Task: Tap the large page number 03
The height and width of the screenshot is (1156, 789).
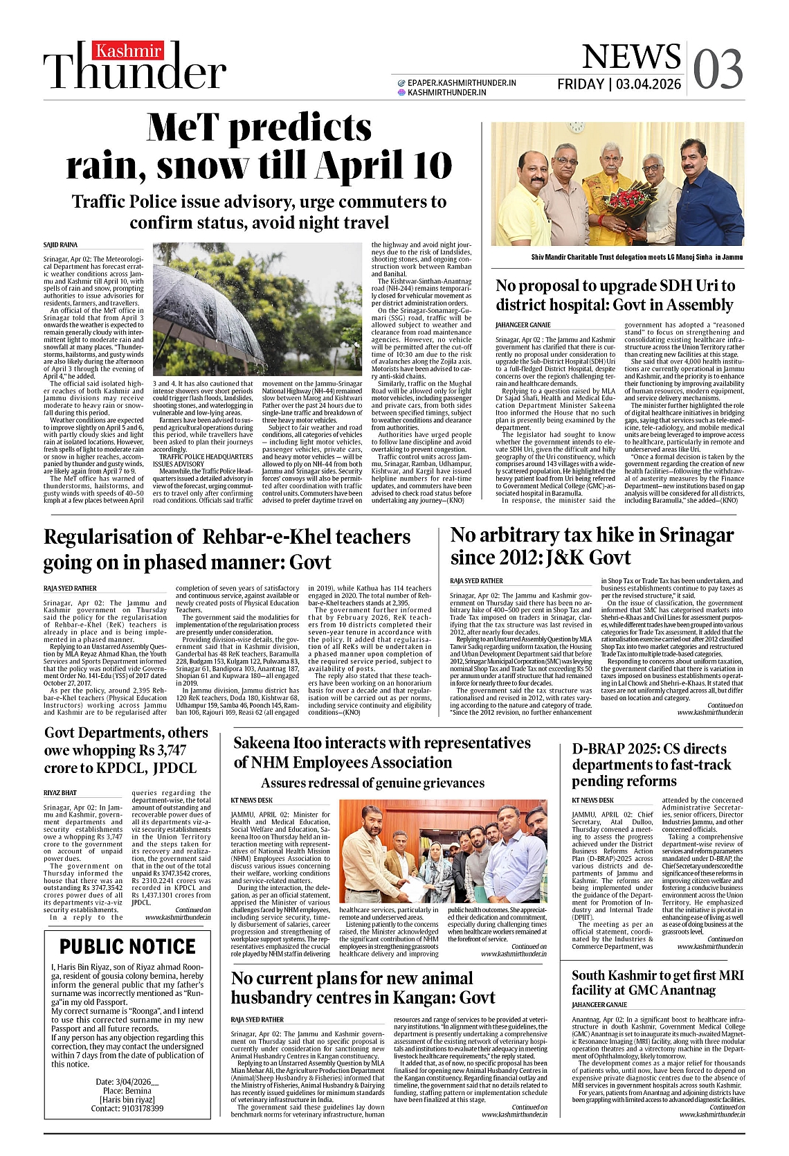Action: click(718, 69)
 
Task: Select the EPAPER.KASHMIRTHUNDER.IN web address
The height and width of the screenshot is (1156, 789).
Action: click(462, 82)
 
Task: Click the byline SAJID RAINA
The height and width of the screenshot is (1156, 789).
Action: click(61, 245)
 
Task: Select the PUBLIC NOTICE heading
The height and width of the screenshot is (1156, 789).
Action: click(127, 946)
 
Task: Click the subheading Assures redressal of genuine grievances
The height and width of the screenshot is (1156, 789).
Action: click(372, 783)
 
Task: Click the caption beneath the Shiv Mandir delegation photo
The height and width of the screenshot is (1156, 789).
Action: click(637, 257)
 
